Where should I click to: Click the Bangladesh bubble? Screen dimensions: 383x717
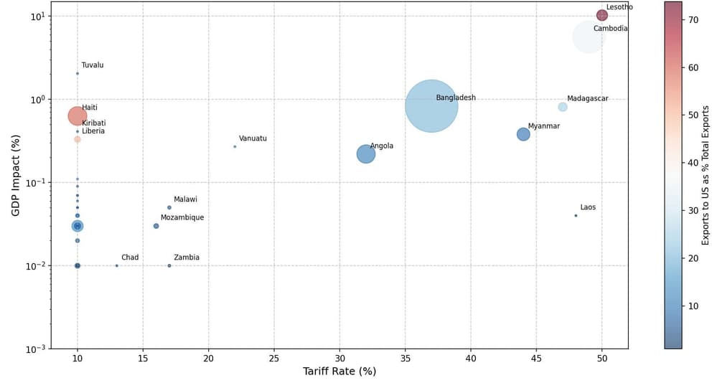[x=431, y=106]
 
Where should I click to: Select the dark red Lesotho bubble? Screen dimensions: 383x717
[x=602, y=15]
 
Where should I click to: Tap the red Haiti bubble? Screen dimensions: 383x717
[x=78, y=115]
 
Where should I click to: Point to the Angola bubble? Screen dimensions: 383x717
[x=366, y=153]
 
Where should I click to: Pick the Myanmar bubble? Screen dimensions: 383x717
[x=523, y=134]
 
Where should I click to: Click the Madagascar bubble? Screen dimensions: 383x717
[x=563, y=107]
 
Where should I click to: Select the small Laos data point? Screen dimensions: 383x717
[x=576, y=215]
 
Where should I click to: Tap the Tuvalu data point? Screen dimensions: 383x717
[x=78, y=73]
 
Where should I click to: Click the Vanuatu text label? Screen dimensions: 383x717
[x=253, y=138]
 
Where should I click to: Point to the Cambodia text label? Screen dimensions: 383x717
[x=610, y=29]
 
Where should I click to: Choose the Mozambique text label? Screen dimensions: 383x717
[x=182, y=217]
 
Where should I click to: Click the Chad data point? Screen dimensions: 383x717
[x=117, y=265]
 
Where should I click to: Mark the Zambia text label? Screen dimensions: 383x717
[x=187, y=257]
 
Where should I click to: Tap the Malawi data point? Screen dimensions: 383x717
[x=169, y=207]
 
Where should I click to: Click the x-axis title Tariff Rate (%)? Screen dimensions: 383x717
[x=339, y=372]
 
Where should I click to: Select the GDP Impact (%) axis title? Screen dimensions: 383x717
[x=15, y=175]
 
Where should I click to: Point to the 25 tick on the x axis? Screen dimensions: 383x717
[x=274, y=357]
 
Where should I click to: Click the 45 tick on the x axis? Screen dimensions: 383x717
[x=536, y=357]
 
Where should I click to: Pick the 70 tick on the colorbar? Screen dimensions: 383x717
[x=693, y=20]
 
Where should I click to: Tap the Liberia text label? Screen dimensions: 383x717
[x=93, y=131]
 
